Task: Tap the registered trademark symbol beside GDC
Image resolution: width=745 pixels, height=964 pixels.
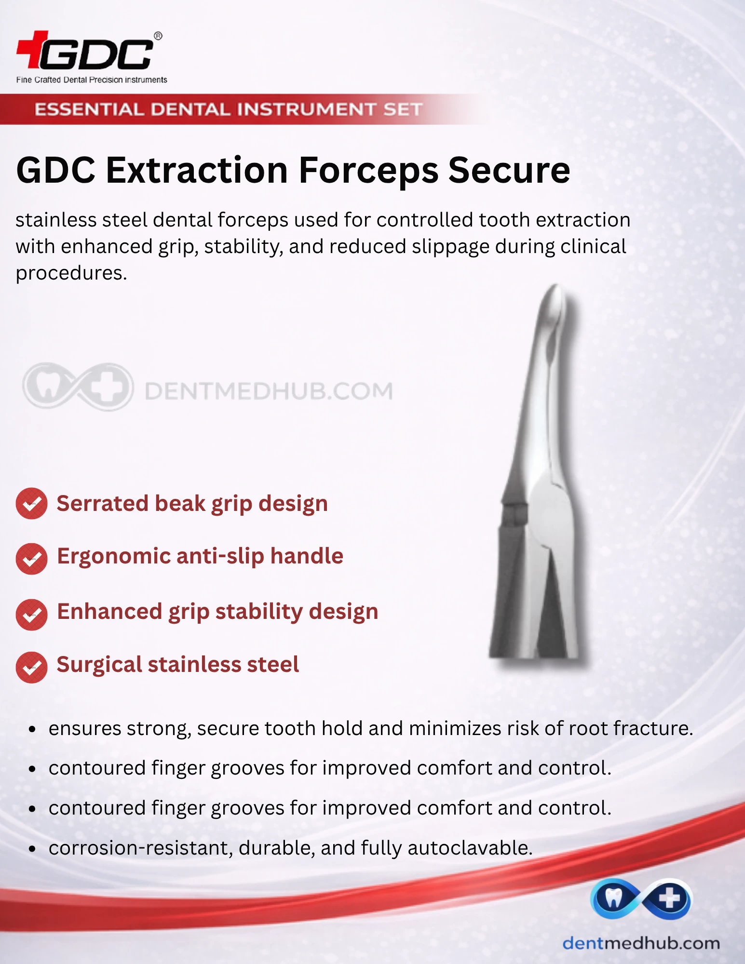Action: click(158, 36)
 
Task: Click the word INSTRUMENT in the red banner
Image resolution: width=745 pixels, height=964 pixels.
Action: click(306, 109)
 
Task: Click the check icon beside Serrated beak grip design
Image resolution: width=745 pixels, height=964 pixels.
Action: click(31, 503)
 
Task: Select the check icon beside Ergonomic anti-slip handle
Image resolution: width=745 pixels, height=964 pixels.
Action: click(31, 559)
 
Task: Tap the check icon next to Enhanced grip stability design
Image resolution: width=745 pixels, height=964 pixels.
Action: click(31, 615)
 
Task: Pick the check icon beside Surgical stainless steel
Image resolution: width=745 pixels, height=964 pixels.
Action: click(31, 667)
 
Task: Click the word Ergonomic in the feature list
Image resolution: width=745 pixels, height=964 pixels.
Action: click(114, 557)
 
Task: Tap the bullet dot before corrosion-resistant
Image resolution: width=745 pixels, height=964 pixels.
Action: click(32, 849)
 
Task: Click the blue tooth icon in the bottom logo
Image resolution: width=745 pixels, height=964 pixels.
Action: click(614, 898)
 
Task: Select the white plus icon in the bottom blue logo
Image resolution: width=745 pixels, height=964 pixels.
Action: click(670, 898)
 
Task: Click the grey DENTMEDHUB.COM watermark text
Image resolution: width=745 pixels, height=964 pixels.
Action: click(269, 391)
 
